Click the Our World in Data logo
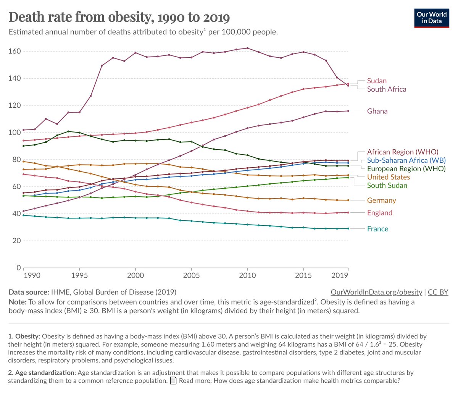tap(432, 18)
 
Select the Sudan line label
tap(377, 81)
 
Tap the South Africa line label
tap(386, 89)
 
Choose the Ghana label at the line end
tap(377, 111)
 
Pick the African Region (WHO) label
tap(403, 152)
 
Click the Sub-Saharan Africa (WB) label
tap(406, 160)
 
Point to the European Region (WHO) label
tap(406, 169)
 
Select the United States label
tap(388, 177)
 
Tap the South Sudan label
tap(387, 186)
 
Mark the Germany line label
tap(381, 201)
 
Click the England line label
tap(379, 213)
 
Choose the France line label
tap(377, 229)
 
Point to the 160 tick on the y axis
tap(15, 52)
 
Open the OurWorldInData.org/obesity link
tap(376, 292)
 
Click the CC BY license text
tap(438, 292)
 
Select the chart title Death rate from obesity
tap(119, 17)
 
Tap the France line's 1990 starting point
tap(23, 215)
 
